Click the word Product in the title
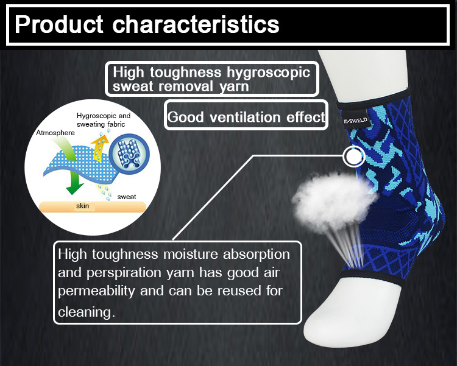(x=59, y=24)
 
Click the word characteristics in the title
(x=196, y=24)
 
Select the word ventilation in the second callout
(x=245, y=117)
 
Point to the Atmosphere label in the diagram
(x=55, y=133)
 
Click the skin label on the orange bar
(x=82, y=206)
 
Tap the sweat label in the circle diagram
(x=127, y=197)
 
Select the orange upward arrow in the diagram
(x=99, y=148)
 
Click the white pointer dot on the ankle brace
(x=354, y=157)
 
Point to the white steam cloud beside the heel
(x=334, y=201)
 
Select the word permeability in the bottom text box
(x=96, y=291)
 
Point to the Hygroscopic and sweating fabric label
(x=104, y=120)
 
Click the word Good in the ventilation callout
(x=185, y=117)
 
